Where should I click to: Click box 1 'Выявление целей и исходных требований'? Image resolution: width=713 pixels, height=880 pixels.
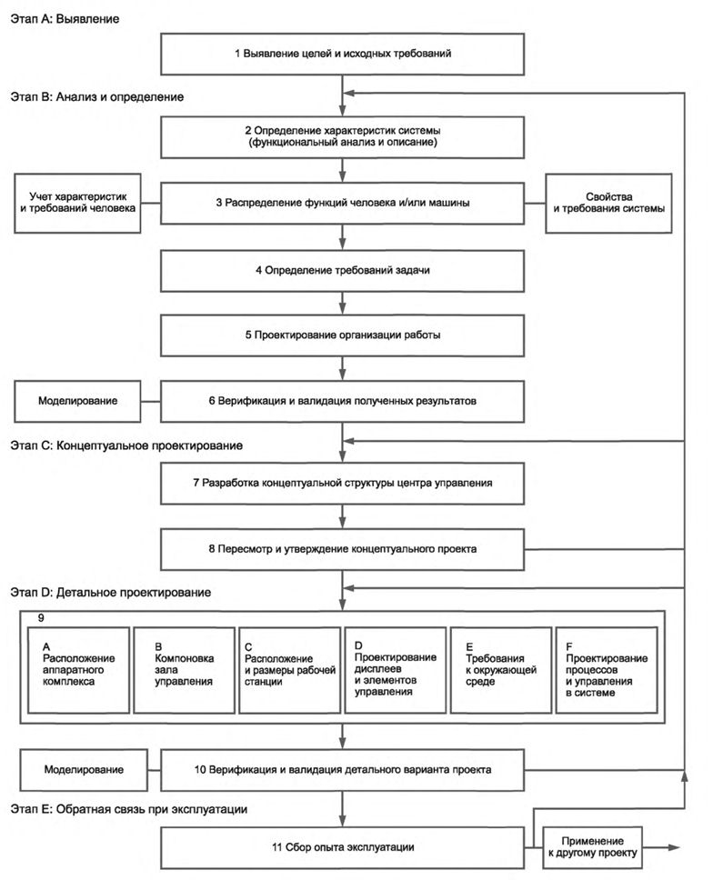tap(343, 54)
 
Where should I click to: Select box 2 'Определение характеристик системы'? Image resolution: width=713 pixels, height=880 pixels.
tap(343, 137)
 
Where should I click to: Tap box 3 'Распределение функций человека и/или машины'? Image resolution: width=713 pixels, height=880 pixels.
tap(343, 203)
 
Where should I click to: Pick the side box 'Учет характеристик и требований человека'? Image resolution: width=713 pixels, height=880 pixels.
tap(77, 203)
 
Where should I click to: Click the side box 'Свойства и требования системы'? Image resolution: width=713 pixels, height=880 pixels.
tap(608, 203)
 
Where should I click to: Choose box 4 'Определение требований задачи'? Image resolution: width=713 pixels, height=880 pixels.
tap(343, 271)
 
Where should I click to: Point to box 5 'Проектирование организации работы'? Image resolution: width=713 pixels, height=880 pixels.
tap(343, 335)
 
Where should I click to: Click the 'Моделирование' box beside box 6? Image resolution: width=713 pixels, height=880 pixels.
tap(77, 401)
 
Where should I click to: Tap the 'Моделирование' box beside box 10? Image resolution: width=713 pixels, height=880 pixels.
tap(84, 770)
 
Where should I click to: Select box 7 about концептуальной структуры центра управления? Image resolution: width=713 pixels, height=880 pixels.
tap(343, 484)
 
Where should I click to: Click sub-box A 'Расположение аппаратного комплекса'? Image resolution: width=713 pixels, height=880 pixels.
tap(78, 670)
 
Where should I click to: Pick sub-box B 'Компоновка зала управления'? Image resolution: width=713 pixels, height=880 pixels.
tap(184, 670)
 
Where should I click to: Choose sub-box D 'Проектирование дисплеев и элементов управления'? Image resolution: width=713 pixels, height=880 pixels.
tap(396, 670)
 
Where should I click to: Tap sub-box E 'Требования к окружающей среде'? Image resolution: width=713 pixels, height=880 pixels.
tap(501, 670)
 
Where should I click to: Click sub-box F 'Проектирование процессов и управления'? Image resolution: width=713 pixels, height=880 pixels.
tap(607, 670)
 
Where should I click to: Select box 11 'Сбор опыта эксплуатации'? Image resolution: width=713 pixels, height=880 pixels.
tap(343, 847)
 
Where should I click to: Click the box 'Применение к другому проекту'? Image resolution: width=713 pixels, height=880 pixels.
tap(593, 847)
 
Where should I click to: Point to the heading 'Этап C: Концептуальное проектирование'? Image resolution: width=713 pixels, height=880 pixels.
tap(126, 446)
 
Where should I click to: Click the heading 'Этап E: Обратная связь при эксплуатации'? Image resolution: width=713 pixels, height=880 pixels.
tap(128, 810)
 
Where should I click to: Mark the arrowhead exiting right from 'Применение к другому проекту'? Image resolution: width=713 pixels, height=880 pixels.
tap(674, 847)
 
